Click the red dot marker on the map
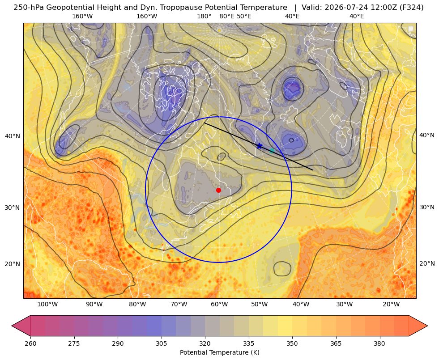click(219, 190)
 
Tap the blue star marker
click(259, 146)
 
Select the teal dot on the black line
click(272, 151)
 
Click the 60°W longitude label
click(219, 304)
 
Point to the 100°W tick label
click(47, 304)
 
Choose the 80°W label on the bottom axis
click(137, 304)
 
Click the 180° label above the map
click(204, 16)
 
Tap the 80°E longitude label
click(227, 16)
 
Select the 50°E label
click(244, 16)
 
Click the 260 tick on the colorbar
click(30, 343)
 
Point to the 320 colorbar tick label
click(205, 343)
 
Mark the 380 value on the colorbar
click(379, 343)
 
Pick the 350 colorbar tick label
click(292, 343)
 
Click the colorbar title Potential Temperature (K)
click(219, 352)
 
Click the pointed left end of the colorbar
click(12, 326)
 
